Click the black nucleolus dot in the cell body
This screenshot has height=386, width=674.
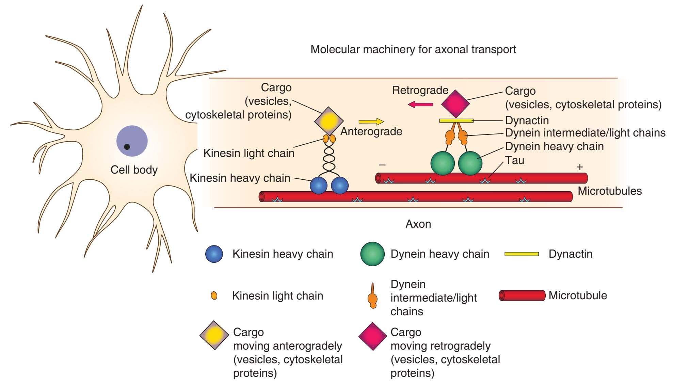pyautogui.click(x=127, y=147)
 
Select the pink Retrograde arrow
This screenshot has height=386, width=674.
pyautogui.click(x=420, y=104)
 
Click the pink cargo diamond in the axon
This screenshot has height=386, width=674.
pyautogui.click(x=455, y=104)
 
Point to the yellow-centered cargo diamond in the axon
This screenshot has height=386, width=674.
pyautogui.click(x=328, y=120)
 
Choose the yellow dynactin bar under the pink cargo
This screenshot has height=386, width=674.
pyautogui.click(x=456, y=120)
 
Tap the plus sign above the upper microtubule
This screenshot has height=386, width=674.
pyautogui.click(x=580, y=167)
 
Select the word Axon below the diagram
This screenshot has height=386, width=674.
pyautogui.click(x=418, y=224)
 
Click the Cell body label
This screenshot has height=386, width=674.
pyautogui.click(x=134, y=170)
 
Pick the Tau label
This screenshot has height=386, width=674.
pyautogui.click(x=514, y=160)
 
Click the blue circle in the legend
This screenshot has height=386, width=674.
pyautogui.click(x=214, y=254)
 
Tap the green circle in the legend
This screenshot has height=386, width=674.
pyautogui.click(x=372, y=254)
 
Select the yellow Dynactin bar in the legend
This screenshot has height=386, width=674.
pyautogui.click(x=521, y=254)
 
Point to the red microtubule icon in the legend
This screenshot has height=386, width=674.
pyautogui.click(x=522, y=295)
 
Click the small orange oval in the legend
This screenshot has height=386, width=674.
pyautogui.click(x=214, y=295)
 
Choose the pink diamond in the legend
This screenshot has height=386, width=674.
pyautogui.click(x=373, y=336)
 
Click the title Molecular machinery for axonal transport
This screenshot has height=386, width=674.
pyautogui.click(x=413, y=49)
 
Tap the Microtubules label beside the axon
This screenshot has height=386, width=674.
pyautogui.click(x=610, y=191)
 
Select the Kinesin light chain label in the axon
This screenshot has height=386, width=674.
pyautogui.click(x=249, y=153)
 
